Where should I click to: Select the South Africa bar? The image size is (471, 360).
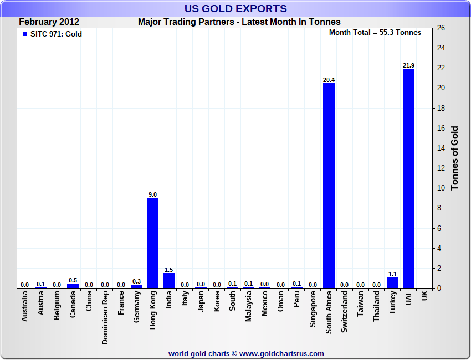click(329, 186)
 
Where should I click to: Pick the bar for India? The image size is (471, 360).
click(168, 280)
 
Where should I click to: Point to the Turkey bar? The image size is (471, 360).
click(392, 282)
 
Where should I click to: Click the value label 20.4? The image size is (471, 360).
click(329, 80)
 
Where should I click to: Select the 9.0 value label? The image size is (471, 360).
click(152, 194)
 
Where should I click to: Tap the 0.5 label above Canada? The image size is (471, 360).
click(73, 280)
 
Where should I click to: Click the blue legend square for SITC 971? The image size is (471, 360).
click(24, 34)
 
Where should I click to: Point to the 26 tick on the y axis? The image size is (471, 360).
click(442, 28)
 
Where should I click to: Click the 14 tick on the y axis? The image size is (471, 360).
click(442, 148)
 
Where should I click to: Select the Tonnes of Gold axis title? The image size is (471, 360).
click(455, 158)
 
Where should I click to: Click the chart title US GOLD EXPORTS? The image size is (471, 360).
click(235, 9)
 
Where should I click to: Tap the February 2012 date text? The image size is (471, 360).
click(49, 22)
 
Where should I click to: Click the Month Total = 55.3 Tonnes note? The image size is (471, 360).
click(375, 33)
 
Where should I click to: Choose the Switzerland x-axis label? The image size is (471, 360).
click(345, 313)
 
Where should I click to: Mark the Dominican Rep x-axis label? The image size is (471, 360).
click(105, 318)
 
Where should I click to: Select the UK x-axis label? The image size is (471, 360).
click(424, 296)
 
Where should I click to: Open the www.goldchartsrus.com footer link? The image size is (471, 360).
click(281, 353)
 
